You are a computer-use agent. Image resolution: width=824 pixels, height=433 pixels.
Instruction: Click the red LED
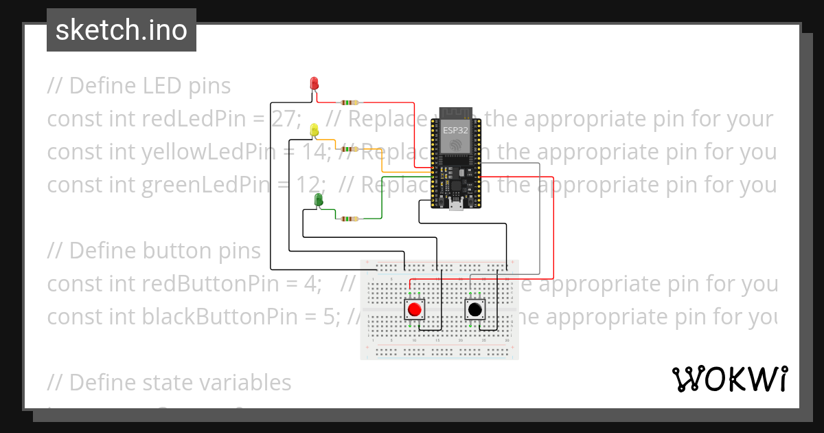pos(314,83)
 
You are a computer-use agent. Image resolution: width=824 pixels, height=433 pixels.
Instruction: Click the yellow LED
pos(314,129)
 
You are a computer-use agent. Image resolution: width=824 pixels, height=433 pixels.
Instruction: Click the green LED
pos(319,199)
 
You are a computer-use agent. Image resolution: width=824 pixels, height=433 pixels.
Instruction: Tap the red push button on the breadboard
pos(414,310)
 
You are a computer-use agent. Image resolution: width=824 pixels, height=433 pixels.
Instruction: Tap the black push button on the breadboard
pos(474,310)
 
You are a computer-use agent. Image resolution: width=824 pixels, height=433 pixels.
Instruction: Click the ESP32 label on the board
pos(454,130)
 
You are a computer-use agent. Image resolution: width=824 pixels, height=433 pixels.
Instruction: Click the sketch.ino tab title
pos(122,30)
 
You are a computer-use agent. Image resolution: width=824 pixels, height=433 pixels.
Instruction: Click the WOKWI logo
pos(729,379)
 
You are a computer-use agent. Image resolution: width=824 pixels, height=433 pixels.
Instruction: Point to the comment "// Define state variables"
pos(170,382)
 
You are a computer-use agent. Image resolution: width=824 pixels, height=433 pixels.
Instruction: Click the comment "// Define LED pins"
pos(139,86)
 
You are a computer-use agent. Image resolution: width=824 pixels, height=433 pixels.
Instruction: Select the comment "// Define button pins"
pos(154,251)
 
